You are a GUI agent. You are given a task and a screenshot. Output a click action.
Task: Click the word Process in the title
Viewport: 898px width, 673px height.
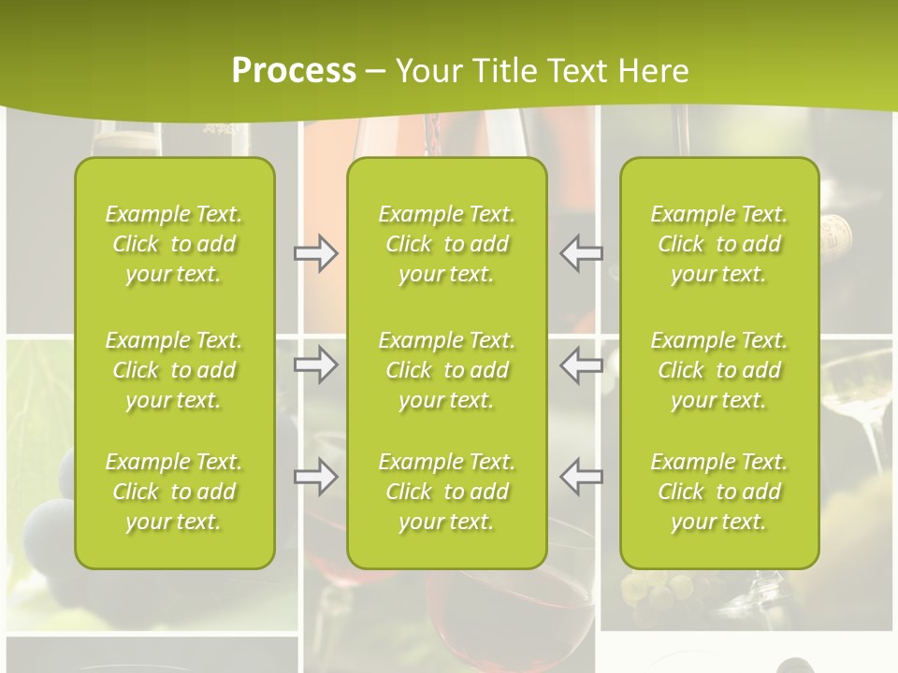click(x=294, y=71)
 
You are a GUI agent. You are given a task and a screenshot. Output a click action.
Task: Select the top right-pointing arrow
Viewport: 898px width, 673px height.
click(x=315, y=253)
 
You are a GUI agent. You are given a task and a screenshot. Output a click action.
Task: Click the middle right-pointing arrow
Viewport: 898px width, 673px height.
click(x=315, y=365)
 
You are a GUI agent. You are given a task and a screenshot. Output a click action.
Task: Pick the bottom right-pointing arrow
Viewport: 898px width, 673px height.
click(x=315, y=476)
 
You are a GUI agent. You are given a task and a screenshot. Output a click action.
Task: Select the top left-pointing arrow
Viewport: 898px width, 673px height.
click(x=582, y=253)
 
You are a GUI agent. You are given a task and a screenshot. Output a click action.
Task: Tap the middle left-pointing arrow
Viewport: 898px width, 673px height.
click(x=582, y=365)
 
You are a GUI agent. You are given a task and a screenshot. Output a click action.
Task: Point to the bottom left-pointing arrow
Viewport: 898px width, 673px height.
click(x=582, y=476)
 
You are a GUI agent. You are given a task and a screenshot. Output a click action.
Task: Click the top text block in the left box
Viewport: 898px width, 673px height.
click(x=174, y=244)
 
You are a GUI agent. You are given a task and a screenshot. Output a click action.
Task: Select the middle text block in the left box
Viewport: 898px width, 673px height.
click(x=174, y=370)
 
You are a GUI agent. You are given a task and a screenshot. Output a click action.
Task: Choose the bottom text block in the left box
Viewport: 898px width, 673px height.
click(x=174, y=492)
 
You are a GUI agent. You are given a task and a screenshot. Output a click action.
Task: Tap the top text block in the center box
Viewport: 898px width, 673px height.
click(x=447, y=244)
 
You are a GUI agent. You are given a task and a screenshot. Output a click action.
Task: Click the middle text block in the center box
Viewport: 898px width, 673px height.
click(x=447, y=370)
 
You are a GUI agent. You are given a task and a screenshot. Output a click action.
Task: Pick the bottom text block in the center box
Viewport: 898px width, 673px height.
click(x=447, y=492)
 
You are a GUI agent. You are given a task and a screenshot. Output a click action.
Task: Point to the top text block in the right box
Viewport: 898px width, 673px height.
click(x=719, y=244)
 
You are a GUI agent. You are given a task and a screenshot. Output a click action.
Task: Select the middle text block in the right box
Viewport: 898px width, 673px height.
click(x=719, y=370)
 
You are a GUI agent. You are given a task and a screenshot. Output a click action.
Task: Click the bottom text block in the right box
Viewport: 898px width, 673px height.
click(x=719, y=492)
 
